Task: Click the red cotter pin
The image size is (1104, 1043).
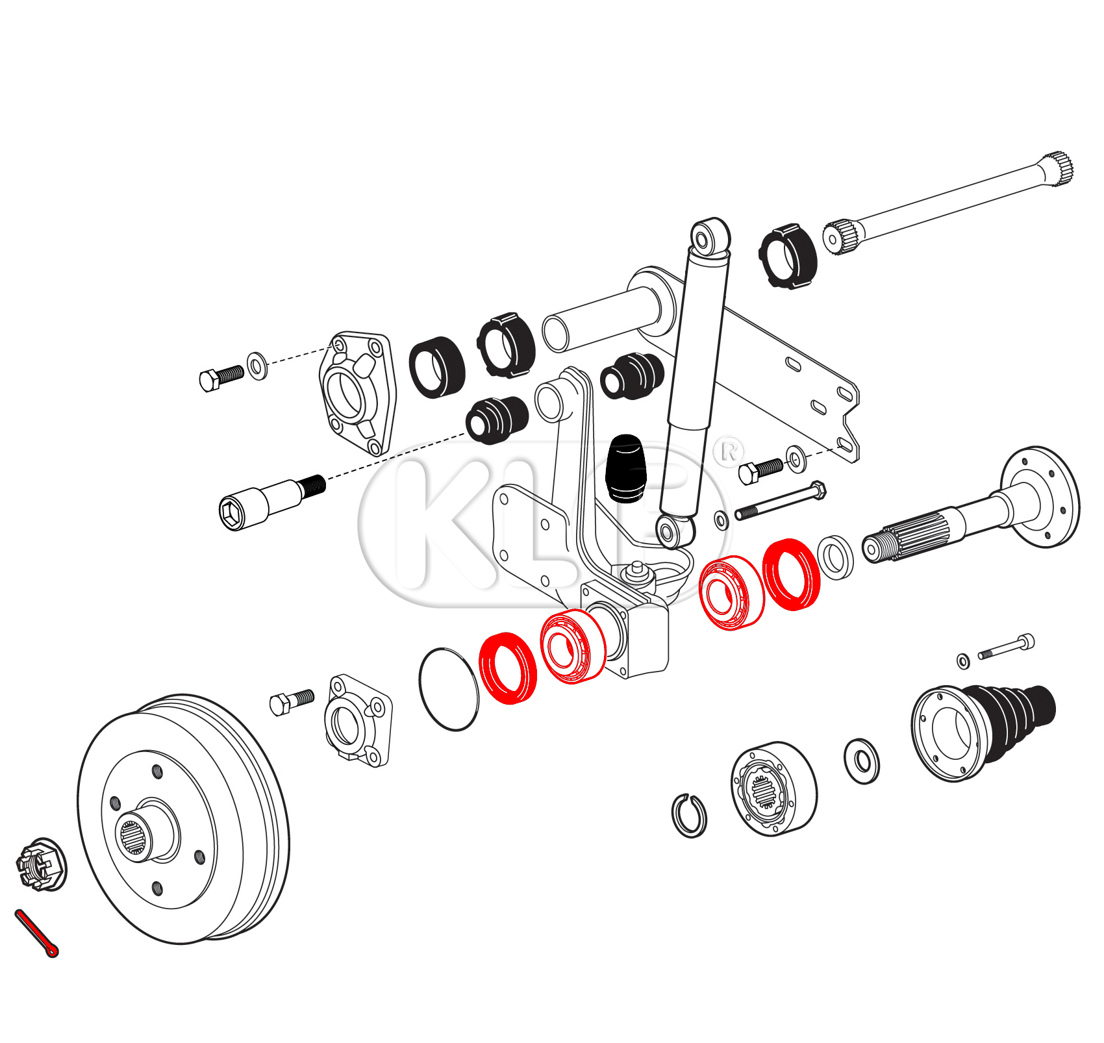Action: (36, 933)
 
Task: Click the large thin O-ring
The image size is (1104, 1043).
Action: (449, 689)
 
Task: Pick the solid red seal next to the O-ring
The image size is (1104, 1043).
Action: (508, 668)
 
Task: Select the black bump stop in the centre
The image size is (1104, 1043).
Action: (625, 468)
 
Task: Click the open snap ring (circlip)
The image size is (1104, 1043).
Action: (689, 815)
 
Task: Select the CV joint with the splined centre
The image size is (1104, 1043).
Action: (773, 788)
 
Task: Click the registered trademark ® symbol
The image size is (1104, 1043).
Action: (729, 451)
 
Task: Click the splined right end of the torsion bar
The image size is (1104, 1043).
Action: (1058, 170)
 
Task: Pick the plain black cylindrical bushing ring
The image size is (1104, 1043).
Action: (437, 368)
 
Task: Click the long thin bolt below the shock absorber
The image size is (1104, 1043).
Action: (779, 502)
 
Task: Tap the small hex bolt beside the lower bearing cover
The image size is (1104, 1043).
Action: (292, 701)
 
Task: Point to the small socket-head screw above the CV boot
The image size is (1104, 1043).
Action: (1007, 646)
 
